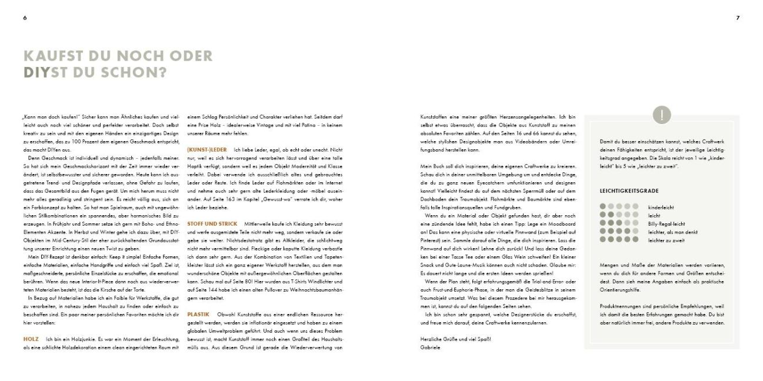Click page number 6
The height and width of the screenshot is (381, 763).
(25, 18)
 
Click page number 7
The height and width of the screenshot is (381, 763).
(738, 18)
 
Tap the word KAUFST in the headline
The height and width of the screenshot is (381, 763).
(48, 56)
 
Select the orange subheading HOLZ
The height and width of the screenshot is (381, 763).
(31, 339)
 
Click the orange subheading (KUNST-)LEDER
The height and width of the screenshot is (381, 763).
(206, 149)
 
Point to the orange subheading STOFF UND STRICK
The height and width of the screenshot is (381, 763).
(212, 223)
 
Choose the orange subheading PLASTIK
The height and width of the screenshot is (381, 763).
(198, 314)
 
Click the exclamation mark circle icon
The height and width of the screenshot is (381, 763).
(662, 115)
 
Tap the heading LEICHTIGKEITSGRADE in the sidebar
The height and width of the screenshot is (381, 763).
(629, 191)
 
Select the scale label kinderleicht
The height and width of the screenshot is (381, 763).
(661, 208)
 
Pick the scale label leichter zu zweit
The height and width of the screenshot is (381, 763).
(665, 239)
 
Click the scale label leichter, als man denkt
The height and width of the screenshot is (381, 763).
(672, 232)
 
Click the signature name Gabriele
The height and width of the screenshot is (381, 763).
(429, 347)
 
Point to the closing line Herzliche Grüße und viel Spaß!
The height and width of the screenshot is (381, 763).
(455, 339)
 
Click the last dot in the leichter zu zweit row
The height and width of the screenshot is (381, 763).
(635, 239)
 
